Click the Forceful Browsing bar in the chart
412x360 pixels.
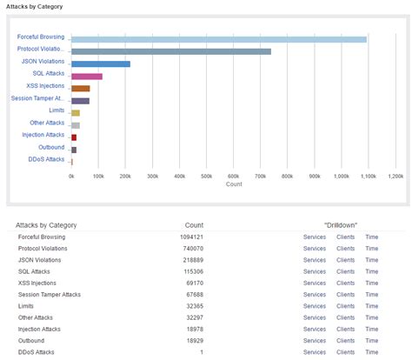217,39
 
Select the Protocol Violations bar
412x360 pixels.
170,51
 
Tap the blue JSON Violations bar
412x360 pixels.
100,63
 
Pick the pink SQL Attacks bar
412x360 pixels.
86,77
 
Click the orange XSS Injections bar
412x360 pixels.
80,89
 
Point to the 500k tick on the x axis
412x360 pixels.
207,176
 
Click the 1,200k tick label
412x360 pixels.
395,176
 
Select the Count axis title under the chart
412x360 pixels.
233,184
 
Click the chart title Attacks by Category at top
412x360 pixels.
34,5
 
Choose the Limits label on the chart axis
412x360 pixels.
56,110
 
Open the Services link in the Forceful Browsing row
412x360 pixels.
314,237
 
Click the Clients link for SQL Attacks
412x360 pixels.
345,271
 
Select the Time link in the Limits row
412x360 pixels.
371,306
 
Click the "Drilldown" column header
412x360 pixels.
341,225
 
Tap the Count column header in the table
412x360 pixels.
194,225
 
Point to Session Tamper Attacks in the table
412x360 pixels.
50,295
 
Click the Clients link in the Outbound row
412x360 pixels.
345,341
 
